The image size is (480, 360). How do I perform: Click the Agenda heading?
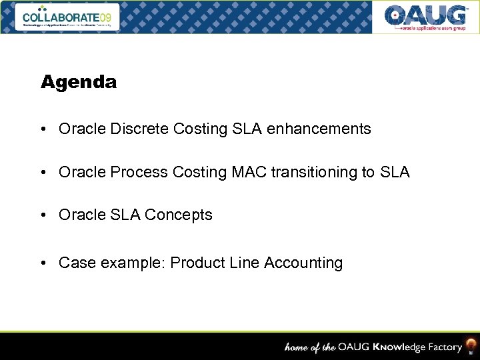(x=79, y=82)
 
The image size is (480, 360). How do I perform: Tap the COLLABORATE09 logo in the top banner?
(x=70, y=16)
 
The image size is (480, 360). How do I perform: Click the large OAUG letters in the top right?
(x=426, y=15)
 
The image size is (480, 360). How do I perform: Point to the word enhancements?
(x=319, y=129)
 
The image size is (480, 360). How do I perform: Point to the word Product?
(x=196, y=263)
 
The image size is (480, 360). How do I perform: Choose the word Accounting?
(x=303, y=263)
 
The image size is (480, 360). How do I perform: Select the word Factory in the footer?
(x=444, y=347)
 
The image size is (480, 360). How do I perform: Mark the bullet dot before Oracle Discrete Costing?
(x=43, y=129)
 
